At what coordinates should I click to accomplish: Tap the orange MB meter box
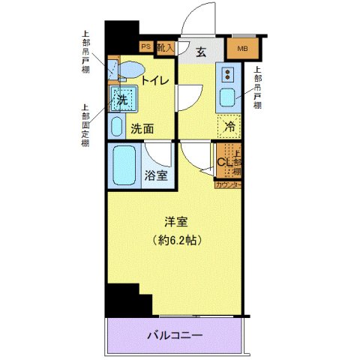(x=242, y=50)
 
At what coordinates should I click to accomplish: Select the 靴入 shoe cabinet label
(x=166, y=46)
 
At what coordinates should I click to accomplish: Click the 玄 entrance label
(x=202, y=52)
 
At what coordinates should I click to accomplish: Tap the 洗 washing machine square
(x=120, y=100)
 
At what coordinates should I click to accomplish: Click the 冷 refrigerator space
(x=229, y=127)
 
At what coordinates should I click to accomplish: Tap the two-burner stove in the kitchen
(x=228, y=74)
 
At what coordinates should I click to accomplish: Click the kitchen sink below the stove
(x=226, y=98)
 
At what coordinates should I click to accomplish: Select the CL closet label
(x=223, y=161)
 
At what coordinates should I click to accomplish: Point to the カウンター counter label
(x=228, y=184)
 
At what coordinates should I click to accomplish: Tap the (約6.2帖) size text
(x=177, y=241)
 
